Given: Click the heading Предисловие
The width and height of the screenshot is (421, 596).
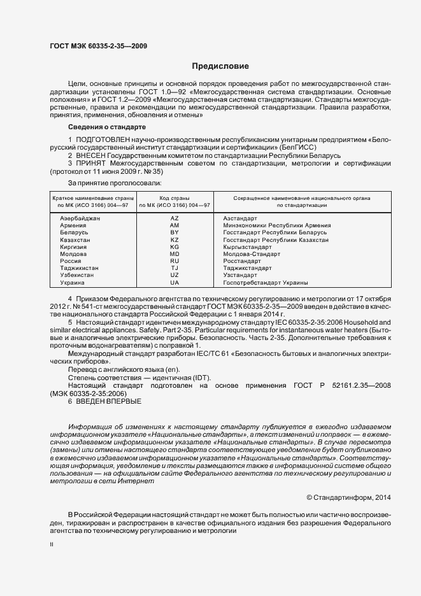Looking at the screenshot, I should click(x=220, y=66).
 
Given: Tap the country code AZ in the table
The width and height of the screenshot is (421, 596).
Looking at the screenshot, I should click(x=175, y=218).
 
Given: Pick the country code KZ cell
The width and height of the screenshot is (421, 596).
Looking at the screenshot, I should click(x=175, y=240).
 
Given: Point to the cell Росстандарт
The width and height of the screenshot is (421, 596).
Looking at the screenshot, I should click(x=242, y=261).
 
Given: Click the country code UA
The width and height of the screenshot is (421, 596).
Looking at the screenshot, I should click(x=175, y=282).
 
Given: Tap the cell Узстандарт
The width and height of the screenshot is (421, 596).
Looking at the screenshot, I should click(x=240, y=275).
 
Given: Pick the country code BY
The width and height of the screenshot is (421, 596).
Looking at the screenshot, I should click(x=175, y=233).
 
